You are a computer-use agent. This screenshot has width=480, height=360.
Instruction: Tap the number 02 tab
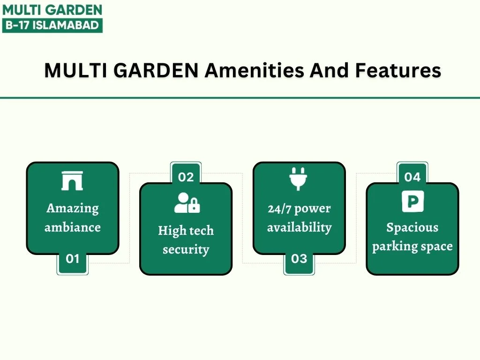point(186,173)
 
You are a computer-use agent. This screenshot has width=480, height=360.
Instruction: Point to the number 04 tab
point(412,173)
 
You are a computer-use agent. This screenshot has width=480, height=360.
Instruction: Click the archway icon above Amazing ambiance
point(72,181)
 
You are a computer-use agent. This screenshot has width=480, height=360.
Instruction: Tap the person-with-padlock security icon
point(187,202)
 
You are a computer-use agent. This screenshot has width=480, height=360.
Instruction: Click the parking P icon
point(413,201)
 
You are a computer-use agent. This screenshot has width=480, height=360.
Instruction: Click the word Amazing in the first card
point(73,209)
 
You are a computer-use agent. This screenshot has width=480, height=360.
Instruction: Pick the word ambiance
point(73,227)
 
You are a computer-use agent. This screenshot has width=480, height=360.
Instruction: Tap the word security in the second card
point(186,250)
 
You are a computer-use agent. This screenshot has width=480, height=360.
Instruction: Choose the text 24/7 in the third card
point(279,209)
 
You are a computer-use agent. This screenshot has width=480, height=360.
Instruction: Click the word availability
point(300,227)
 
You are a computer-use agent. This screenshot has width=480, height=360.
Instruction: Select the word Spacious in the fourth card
point(412,227)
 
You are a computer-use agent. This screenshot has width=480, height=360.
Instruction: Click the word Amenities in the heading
point(255,70)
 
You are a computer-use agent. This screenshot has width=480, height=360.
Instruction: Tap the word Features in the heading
point(398,70)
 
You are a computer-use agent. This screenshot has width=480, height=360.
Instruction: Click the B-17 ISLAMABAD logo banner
point(52,25)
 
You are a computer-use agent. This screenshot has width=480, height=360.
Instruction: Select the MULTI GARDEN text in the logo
point(52,10)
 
